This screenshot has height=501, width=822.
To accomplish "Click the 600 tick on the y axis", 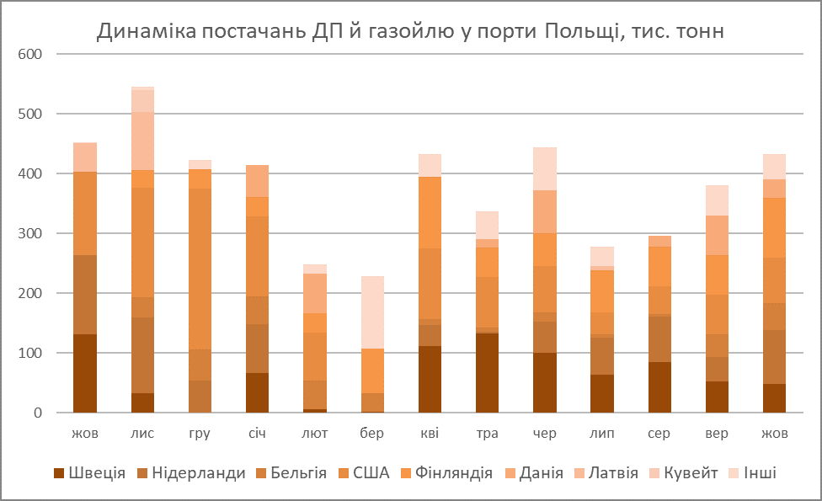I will click(x=31, y=54).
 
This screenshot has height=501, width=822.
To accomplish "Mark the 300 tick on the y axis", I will click(x=31, y=233).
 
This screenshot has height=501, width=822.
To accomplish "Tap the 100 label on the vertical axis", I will click(x=31, y=353).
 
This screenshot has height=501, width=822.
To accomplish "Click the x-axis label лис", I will click(x=142, y=434).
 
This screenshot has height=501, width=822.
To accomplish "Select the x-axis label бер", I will click(x=371, y=434).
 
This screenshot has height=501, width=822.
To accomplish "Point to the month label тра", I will click(x=487, y=434).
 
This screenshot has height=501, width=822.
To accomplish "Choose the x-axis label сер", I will click(x=659, y=434).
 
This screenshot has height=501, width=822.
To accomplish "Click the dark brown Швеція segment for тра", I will click(x=487, y=373).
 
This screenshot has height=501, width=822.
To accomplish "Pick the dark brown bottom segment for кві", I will click(x=430, y=379).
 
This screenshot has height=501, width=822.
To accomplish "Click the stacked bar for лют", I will click(x=314, y=337).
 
